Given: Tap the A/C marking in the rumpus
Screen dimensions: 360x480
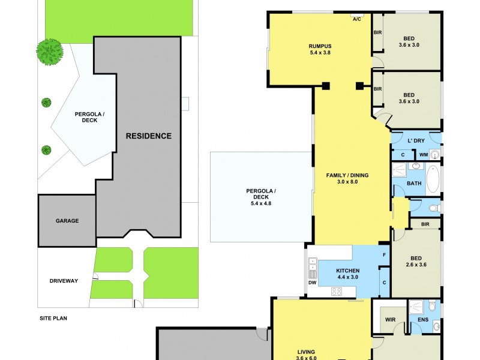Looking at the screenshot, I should pos(356,19).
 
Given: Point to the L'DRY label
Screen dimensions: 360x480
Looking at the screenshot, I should pos(416,140).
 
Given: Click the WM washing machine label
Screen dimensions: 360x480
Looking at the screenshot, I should pos(423,155).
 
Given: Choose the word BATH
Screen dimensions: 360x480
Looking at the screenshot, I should pos(414,184).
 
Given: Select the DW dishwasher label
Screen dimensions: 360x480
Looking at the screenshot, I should pos(311,282).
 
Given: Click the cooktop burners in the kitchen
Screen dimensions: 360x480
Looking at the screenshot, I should pos(337,292).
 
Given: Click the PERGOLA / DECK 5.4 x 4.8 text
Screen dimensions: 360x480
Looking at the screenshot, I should pos(261,197).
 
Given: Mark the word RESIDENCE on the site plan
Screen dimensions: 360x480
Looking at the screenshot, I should pos(148,136).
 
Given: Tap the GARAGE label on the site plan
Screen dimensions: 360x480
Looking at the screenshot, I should pos(67,221).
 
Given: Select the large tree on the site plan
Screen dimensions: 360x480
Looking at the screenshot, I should pos(50,52).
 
